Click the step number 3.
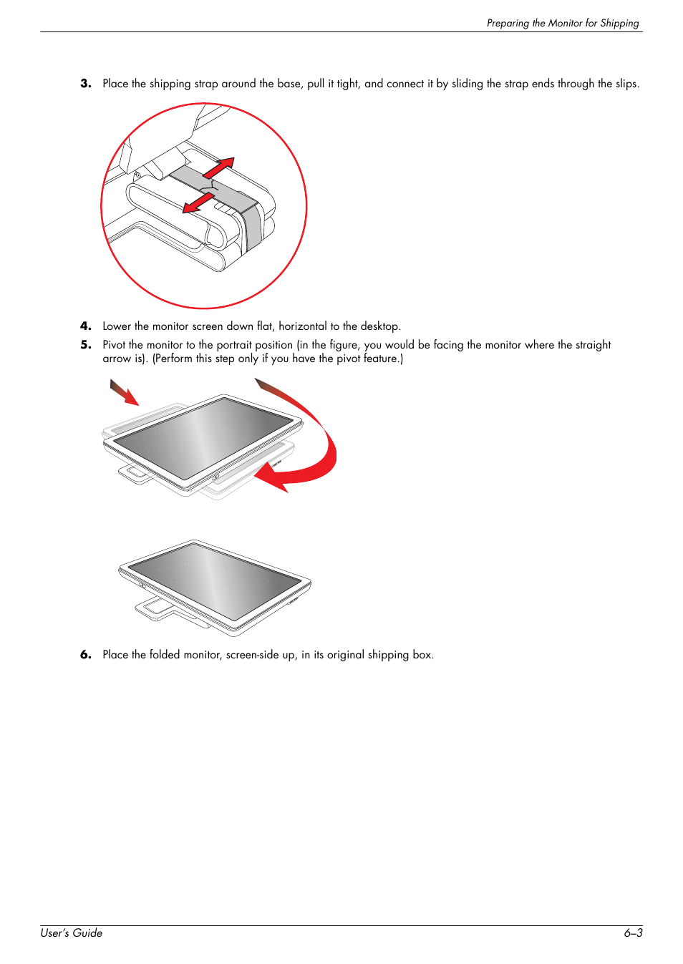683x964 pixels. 86,84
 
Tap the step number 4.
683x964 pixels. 86,326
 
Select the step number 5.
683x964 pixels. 86,345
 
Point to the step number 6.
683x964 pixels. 86,655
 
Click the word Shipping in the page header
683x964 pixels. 619,23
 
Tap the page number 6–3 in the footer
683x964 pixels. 633,933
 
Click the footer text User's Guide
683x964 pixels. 72,933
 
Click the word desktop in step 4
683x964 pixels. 379,326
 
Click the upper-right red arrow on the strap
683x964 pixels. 219,167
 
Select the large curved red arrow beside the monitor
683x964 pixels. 308,444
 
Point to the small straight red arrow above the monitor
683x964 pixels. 124,392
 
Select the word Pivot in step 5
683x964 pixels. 114,345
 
